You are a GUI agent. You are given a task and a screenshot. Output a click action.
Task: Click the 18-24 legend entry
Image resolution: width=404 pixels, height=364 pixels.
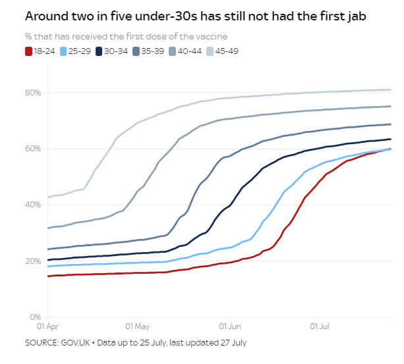(40, 51)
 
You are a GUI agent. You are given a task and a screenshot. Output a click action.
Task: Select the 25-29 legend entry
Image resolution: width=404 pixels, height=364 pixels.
(75, 51)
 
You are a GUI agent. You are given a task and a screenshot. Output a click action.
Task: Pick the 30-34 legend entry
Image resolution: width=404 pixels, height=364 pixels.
(111, 51)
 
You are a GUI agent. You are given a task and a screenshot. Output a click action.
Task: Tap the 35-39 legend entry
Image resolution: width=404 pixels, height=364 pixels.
(148, 51)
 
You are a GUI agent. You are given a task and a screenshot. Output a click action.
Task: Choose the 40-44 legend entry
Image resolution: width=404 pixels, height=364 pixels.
(185, 51)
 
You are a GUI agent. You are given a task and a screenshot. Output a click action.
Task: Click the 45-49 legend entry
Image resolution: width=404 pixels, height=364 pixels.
(222, 51)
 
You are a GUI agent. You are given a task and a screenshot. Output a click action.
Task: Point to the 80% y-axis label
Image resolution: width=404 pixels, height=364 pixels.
(33, 93)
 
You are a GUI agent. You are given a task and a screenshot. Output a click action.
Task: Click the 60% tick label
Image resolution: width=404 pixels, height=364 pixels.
(33, 149)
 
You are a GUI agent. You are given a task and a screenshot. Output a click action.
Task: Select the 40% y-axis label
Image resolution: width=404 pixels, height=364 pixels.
(33, 205)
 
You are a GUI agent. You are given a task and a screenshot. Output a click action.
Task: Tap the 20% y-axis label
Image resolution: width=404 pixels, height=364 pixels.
(33, 261)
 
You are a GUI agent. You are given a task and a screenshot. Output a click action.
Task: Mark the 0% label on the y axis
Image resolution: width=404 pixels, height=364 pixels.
(36, 317)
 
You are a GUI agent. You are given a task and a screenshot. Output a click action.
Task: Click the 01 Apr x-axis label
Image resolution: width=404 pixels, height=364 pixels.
(47, 326)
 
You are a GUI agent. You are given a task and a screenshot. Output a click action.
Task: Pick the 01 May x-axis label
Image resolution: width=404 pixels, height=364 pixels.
(137, 326)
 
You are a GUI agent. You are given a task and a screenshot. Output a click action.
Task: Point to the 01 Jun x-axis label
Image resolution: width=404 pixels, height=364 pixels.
(230, 326)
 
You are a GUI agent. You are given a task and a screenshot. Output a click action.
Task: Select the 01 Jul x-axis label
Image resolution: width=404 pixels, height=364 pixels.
(320, 326)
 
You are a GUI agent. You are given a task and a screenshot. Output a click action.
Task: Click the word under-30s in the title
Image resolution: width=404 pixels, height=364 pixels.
(166, 16)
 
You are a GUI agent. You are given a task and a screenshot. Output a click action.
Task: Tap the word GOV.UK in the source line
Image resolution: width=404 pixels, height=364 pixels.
(75, 343)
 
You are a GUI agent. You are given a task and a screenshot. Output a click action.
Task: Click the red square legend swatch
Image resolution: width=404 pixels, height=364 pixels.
(28, 51)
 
